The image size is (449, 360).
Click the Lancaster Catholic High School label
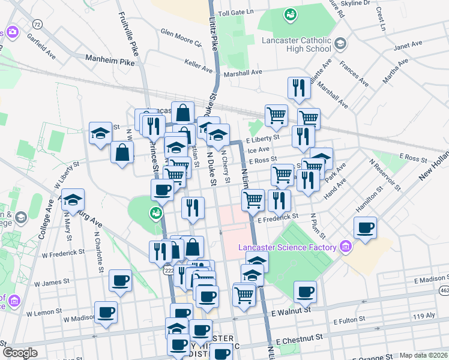coord(297,45)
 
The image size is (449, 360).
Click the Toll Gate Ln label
coord(236,12)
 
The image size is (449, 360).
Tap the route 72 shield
coord(38,24)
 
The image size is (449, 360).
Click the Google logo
coord(19,353)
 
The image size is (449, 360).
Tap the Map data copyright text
coord(424,355)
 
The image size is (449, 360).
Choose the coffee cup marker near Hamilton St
coord(365,227)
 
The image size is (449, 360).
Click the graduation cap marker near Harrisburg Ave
coord(73,200)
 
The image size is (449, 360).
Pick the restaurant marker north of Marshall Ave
coord(298,88)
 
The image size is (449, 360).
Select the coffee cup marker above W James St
coord(120,280)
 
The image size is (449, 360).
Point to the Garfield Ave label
coord(41,45)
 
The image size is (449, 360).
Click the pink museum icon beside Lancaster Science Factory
coord(345,246)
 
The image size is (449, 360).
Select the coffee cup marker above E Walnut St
coord(305,292)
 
